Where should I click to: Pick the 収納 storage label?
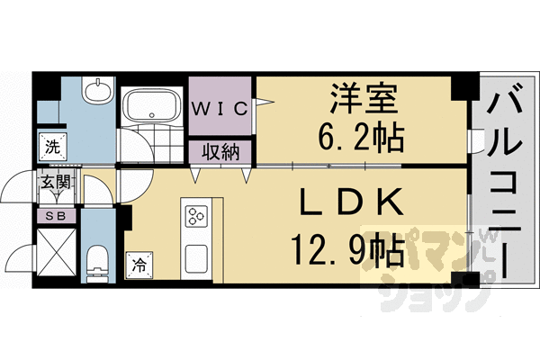(x=220, y=151)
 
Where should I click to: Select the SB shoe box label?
(x=50, y=215)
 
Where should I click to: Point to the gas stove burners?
(x=197, y=218)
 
